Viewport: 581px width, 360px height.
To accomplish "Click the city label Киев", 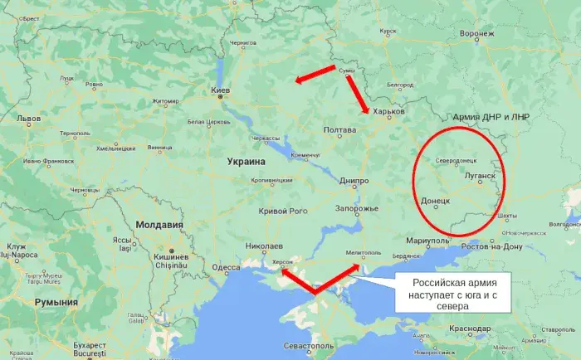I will pos(220,89).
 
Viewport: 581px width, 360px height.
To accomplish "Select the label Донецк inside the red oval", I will pos(436,201).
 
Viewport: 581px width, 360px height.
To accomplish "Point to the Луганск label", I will pos(479,176).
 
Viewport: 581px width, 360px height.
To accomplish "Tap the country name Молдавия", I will pos(159,225).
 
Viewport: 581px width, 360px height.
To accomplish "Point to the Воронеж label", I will pos(476,34).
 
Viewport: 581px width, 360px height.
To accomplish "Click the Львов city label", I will pos(29,119).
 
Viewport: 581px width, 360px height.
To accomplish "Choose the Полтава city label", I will pos(339,130).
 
